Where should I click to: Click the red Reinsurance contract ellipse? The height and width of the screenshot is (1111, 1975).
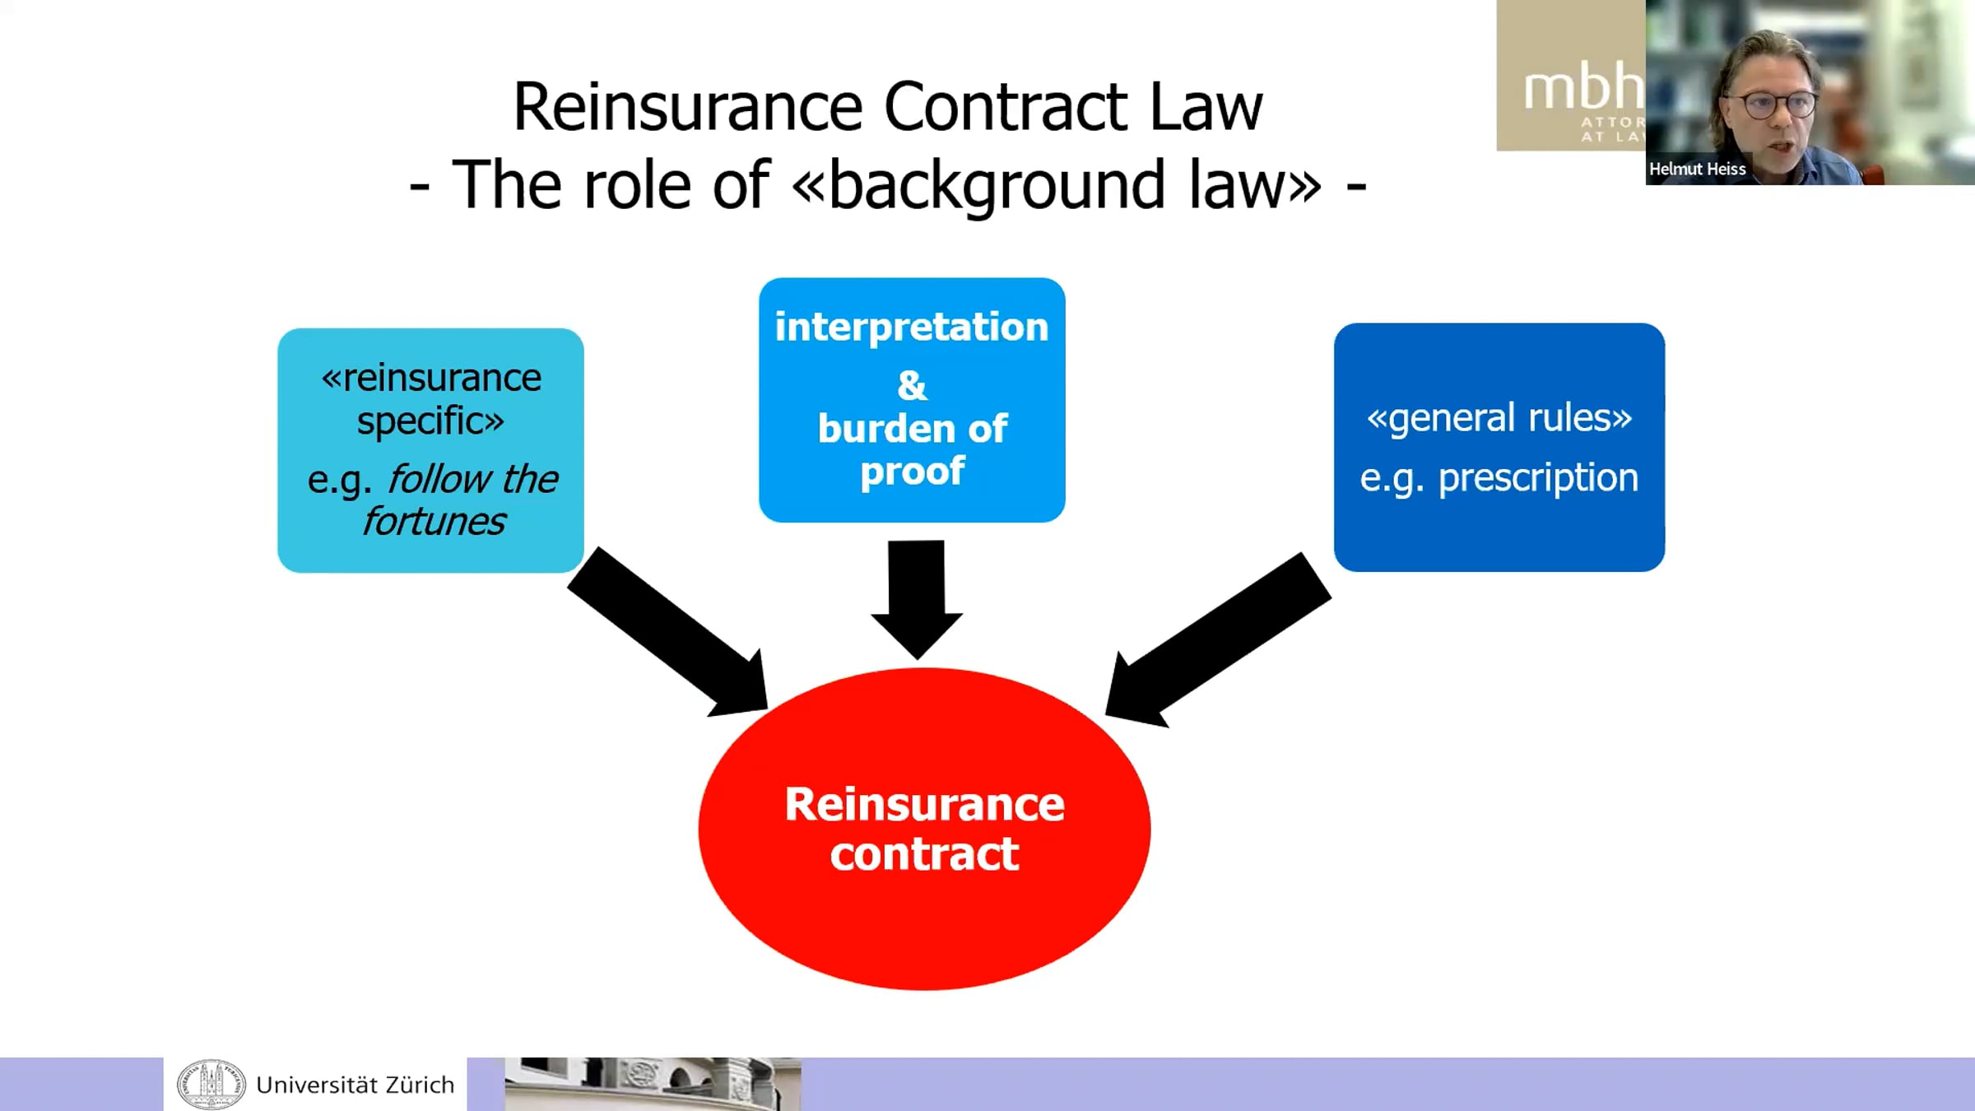click(x=924, y=829)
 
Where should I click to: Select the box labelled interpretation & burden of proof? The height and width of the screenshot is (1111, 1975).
click(x=912, y=400)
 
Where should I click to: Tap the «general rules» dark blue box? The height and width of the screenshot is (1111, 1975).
click(x=1499, y=447)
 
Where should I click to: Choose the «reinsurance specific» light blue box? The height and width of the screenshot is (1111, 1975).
click(x=430, y=450)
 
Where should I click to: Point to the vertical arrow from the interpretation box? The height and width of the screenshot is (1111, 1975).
click(x=917, y=599)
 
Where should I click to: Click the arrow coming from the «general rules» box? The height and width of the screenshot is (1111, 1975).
click(x=1218, y=640)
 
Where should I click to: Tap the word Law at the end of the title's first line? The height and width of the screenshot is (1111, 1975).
click(x=1206, y=107)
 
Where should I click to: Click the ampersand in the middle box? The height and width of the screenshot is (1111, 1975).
click(x=912, y=385)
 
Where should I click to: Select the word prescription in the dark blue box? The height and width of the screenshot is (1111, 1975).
click(x=1538, y=479)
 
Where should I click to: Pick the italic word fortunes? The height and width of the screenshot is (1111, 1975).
click(x=434, y=522)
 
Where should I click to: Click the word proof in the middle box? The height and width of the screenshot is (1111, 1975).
click(x=912, y=472)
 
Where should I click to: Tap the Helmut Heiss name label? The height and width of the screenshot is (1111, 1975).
click(x=1697, y=169)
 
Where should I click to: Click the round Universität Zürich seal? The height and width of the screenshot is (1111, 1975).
click(x=211, y=1084)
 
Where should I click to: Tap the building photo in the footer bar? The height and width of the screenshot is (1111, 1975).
click(x=653, y=1084)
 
